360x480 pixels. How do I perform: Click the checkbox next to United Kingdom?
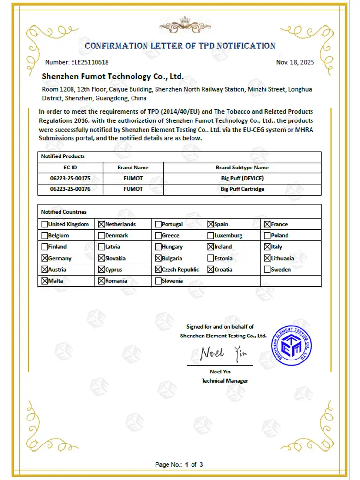coord(45,224)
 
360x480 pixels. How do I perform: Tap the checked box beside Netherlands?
coord(101,224)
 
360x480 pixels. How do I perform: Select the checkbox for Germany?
coord(45,258)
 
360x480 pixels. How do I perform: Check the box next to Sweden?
coord(267,270)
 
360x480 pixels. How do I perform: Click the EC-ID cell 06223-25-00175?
coord(70,179)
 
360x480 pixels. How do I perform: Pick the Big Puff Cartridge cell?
coord(242,189)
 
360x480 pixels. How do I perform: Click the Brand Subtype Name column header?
coord(242,168)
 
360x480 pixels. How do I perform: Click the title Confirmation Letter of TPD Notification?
coord(180,46)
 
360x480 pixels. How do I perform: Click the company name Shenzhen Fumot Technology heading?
coord(113,76)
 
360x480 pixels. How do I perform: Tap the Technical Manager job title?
coord(225,381)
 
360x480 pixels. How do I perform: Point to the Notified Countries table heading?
coord(64,212)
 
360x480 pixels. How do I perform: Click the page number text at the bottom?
coord(179,464)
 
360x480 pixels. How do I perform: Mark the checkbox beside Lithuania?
coord(267,258)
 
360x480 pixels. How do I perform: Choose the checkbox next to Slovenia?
coord(158,281)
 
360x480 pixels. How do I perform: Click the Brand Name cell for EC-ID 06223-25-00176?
coord(133,189)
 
